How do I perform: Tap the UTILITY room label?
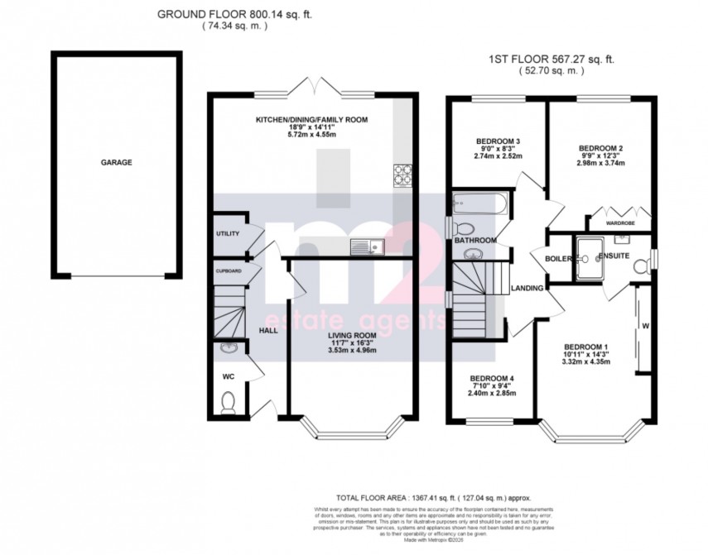(x=228, y=234)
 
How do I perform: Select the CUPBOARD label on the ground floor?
(x=229, y=270)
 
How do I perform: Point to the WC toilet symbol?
(x=229, y=403)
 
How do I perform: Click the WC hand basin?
(x=229, y=352)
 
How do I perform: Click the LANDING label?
(x=528, y=289)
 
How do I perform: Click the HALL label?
(x=268, y=330)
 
